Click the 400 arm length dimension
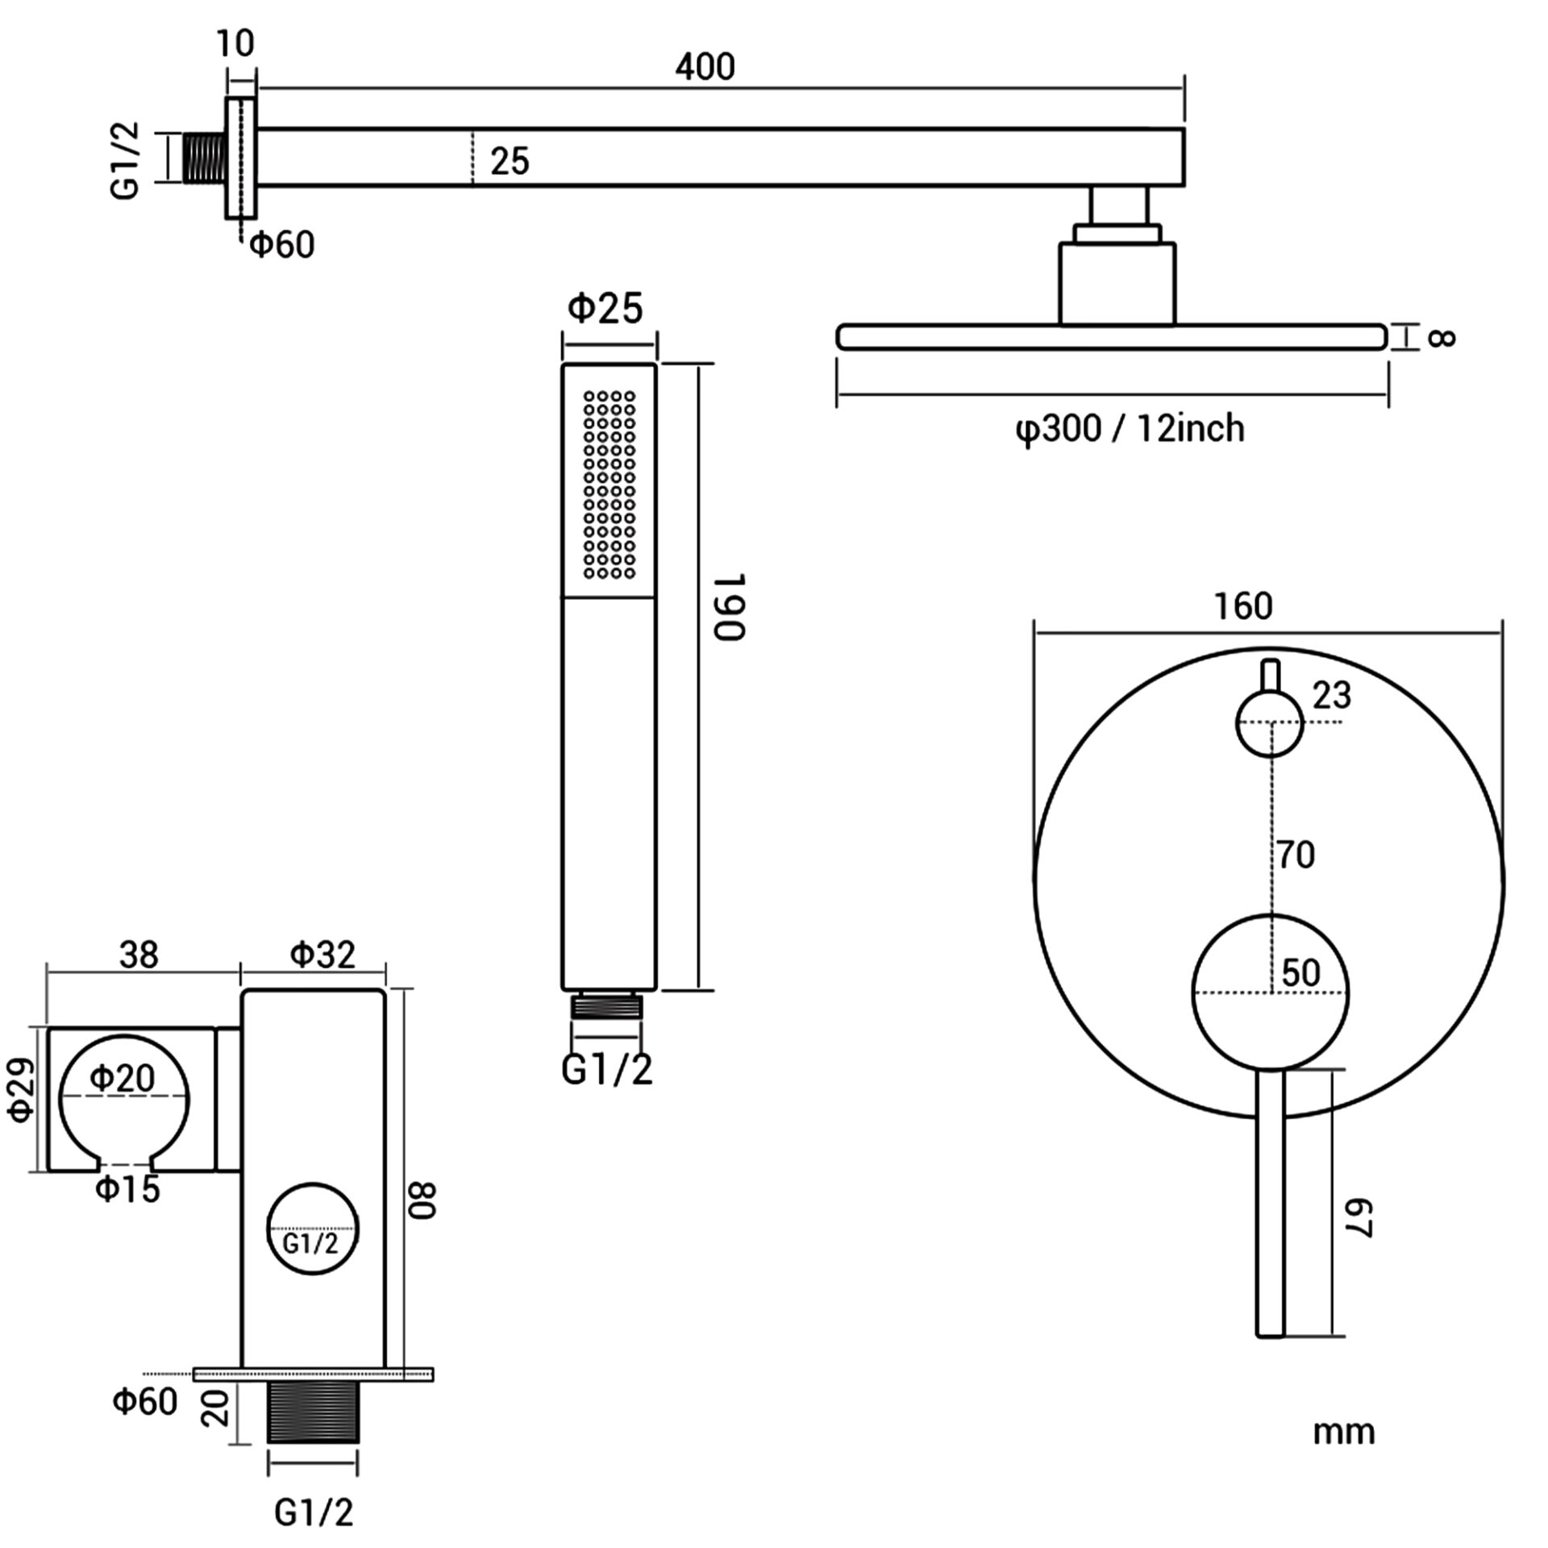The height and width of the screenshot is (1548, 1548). pos(705,67)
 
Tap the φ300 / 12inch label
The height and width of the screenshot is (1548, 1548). pos(1129,428)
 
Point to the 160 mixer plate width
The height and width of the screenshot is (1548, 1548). pos(1242,606)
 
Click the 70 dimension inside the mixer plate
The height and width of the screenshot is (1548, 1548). pos(1295,855)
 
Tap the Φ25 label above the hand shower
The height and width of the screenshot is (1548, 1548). pos(605,308)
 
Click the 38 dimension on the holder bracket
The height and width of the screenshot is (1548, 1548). pos(139,955)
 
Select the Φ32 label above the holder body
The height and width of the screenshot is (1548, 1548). pos(322,955)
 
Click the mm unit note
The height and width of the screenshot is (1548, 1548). pos(1343,1433)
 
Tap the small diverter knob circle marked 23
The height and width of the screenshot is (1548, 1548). pos(1269,723)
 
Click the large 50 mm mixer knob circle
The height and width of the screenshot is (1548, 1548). pos(1269,992)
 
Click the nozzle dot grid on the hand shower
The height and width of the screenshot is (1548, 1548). pos(610,485)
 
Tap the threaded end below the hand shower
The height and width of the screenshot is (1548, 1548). pos(607,1007)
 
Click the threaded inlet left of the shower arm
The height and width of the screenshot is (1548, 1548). pos(205,158)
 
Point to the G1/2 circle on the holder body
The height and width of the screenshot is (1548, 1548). pos(312,1230)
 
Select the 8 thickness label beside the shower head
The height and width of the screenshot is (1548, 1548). pos(1440,336)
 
